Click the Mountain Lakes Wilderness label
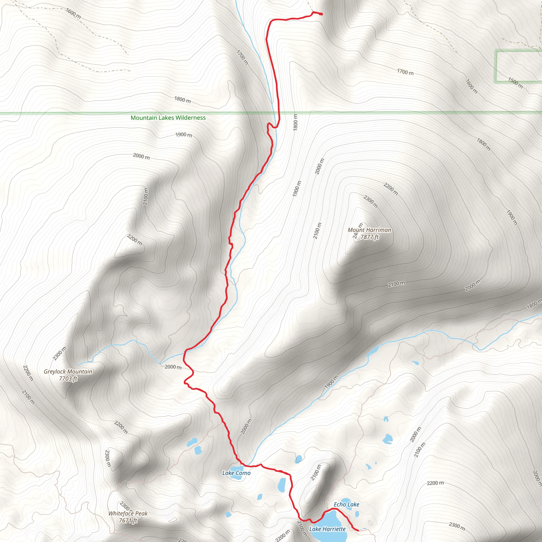click(x=168, y=118)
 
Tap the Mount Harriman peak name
click(x=369, y=230)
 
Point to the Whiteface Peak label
click(x=128, y=513)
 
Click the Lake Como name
click(x=236, y=473)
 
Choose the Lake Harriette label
click(x=327, y=529)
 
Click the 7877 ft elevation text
click(x=369, y=237)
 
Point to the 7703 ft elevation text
click(x=68, y=379)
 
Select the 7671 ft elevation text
click(x=128, y=521)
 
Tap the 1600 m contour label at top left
click(x=74, y=13)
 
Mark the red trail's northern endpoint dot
click(x=321, y=14)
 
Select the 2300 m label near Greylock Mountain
click(x=60, y=353)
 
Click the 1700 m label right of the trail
click(x=405, y=72)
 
